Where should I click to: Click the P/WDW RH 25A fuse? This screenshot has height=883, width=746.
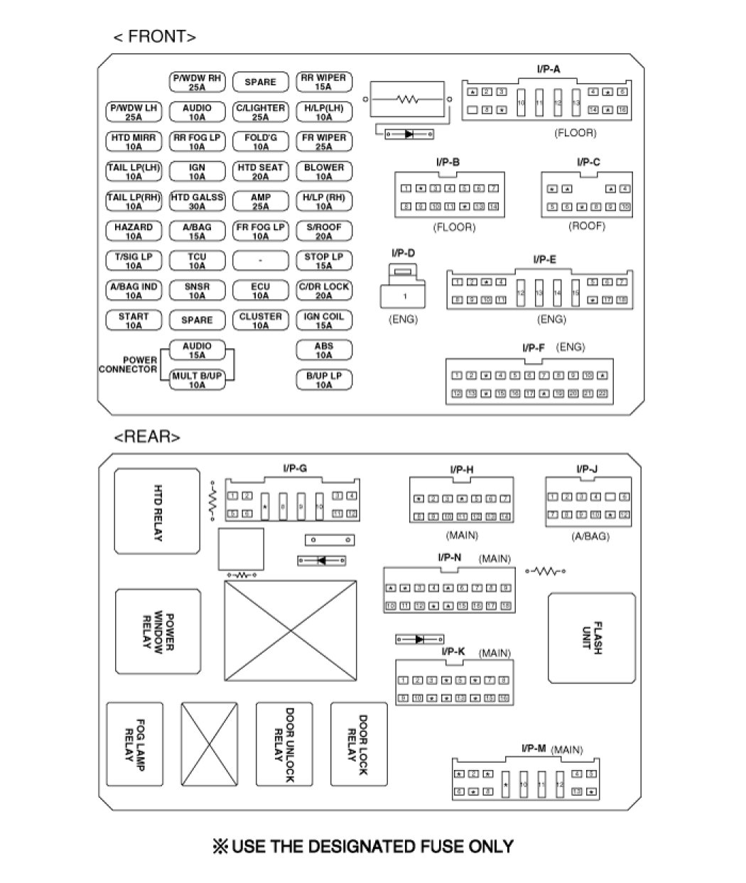point(197,82)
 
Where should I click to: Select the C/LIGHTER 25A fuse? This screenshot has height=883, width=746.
point(260,112)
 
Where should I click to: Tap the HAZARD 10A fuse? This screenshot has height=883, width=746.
point(134,231)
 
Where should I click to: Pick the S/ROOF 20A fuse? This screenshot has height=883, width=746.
point(323,231)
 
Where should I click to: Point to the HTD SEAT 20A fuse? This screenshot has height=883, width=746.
point(260,171)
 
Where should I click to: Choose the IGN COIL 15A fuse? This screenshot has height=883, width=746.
point(323,320)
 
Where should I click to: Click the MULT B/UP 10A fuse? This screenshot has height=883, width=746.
point(197,380)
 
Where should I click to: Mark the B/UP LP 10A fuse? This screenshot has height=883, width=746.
point(323,380)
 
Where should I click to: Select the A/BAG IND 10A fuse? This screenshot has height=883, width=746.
point(134,291)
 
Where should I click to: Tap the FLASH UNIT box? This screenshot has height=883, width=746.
point(591,638)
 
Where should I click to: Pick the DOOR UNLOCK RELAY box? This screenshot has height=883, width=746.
point(284,754)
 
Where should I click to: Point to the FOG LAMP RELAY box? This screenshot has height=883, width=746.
point(135,754)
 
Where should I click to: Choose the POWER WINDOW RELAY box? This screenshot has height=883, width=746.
point(158,632)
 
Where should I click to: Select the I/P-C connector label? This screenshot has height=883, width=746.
point(588,163)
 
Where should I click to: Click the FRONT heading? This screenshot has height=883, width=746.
point(154,37)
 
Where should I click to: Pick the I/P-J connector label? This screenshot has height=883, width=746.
point(587,469)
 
